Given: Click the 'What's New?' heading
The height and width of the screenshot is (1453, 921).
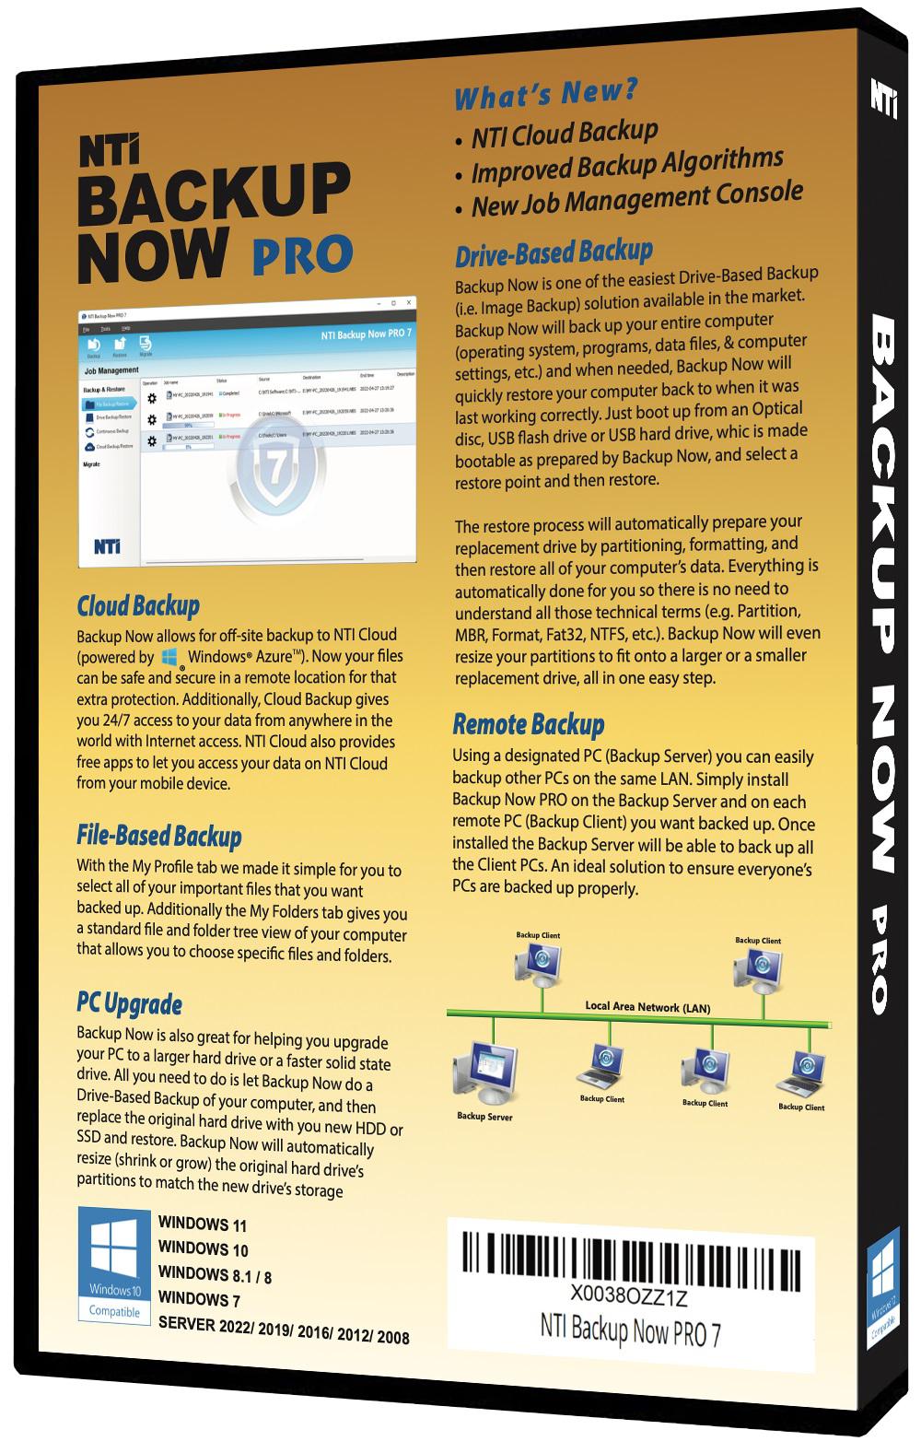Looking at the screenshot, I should click(546, 94).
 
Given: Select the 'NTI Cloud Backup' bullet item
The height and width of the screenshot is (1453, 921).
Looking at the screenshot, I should click(565, 135).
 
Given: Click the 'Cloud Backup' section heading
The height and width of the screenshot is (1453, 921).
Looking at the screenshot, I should click(138, 605).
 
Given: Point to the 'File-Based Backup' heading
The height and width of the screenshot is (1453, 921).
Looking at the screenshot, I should click(159, 836).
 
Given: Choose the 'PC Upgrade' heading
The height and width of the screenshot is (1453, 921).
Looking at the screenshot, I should click(130, 1003).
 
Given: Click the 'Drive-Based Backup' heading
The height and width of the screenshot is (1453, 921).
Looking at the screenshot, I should click(554, 252).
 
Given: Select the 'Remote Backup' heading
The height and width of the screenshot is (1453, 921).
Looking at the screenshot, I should click(529, 724).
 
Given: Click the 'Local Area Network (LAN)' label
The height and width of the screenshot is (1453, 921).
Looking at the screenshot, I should click(647, 1007).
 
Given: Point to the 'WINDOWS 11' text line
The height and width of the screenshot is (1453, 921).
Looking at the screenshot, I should click(203, 1225).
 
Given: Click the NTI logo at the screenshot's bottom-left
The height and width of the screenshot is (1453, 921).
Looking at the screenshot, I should click(106, 546).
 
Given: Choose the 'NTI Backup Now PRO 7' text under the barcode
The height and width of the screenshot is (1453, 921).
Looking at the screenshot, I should click(629, 1330).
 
